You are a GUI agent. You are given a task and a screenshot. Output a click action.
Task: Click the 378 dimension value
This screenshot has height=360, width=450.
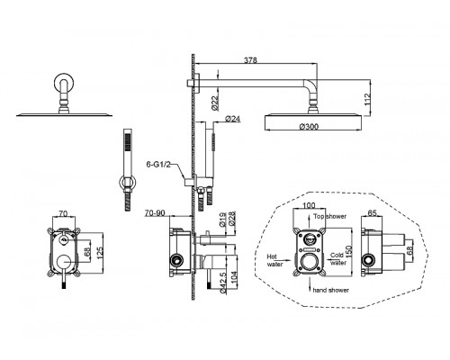click(x=250, y=60)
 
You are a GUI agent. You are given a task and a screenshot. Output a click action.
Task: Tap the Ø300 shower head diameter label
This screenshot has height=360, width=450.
click(x=309, y=127)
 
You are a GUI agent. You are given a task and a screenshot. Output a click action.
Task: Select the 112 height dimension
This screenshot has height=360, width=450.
click(x=368, y=99)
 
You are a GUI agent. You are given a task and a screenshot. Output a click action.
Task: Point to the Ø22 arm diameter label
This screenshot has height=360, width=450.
click(x=214, y=103)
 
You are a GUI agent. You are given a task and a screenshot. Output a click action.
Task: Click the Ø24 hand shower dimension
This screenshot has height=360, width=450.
click(x=232, y=119)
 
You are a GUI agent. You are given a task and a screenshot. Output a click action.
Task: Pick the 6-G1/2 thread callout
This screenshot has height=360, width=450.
click(x=158, y=165)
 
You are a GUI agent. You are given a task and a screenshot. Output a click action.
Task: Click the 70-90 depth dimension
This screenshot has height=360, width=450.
click(x=155, y=212)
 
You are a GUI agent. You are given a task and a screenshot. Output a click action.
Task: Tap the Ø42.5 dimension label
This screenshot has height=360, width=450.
click(x=222, y=283)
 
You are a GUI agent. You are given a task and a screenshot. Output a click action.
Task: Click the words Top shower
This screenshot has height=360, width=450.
click(x=329, y=216)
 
